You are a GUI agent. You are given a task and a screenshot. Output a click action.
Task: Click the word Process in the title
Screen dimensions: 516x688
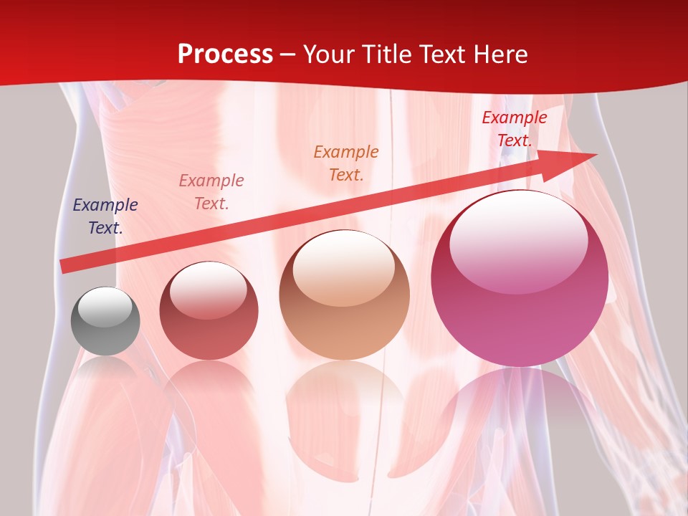coord(225,54)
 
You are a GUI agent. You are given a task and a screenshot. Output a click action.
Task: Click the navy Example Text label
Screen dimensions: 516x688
coord(105,216)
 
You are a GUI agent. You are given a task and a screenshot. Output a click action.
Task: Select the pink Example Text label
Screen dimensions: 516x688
coord(211,191)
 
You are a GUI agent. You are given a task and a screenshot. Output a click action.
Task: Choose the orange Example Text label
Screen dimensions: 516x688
coord(346,163)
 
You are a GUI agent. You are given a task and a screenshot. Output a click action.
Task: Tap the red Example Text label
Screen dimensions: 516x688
coord(515,129)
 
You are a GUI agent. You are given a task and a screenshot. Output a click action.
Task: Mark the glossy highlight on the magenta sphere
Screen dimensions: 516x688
coord(518,240)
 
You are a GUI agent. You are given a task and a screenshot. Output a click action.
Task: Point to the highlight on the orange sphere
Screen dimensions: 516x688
coord(344,268)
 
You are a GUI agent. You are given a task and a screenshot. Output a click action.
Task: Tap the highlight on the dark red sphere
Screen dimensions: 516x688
coord(209,290)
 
